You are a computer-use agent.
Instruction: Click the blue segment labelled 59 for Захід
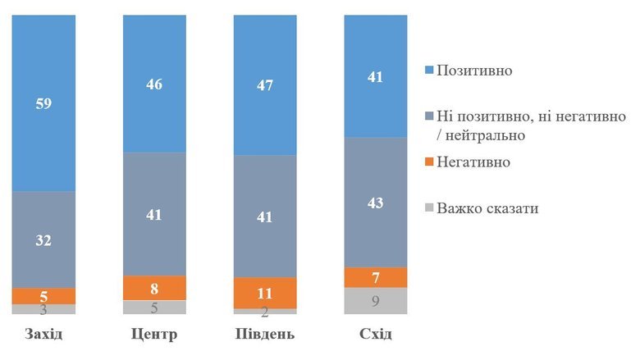43,104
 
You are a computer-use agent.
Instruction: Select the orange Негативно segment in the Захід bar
43,295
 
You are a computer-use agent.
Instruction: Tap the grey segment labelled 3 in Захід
43,309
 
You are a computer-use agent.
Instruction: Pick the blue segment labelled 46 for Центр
154,84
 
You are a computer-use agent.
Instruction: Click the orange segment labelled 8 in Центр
154,288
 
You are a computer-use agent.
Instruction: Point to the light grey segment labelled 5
154,308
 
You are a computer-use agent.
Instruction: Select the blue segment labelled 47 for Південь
265,85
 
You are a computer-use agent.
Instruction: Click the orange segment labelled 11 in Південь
265,293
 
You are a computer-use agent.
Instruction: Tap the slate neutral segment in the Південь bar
265,216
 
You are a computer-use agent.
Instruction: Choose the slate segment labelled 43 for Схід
376,202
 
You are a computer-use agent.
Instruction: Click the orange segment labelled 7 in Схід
376,277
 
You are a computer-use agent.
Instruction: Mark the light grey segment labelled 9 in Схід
376,301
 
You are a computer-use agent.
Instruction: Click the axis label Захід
43,335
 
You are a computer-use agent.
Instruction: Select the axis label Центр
154,335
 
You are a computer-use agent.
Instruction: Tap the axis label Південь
265,335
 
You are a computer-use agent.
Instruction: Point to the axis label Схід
376,335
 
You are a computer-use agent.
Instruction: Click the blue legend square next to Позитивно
427,71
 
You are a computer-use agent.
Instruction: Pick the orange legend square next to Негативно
427,162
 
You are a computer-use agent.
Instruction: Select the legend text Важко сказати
487,207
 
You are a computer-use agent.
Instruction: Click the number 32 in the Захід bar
43,240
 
